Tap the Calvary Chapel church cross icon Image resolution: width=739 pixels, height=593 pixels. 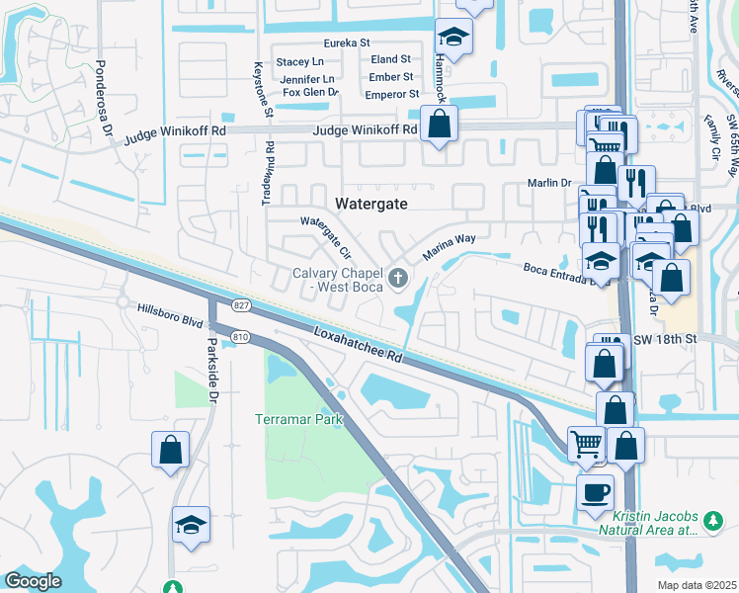tap(399, 278)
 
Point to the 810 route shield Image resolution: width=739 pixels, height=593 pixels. tap(240, 338)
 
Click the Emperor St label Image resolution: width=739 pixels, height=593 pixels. tap(392, 94)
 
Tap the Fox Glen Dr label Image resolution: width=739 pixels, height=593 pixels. tap(310, 92)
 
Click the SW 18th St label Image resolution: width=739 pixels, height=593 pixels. tap(665, 339)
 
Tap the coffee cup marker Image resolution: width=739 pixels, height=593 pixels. tap(595, 491)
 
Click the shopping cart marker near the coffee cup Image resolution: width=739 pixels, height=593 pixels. tap(586, 445)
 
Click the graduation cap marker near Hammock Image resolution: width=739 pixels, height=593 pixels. tap(454, 37)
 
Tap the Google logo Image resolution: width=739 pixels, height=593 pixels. tap(33, 581)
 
